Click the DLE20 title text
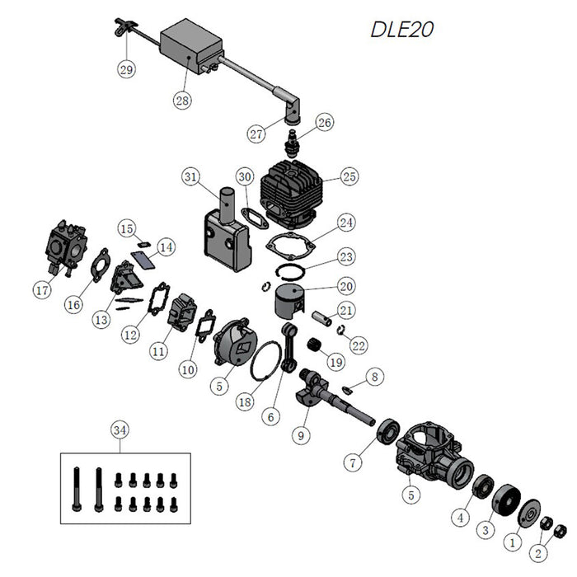click(x=402, y=30)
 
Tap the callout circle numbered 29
click(x=126, y=69)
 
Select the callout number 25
click(x=349, y=176)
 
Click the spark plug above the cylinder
click(x=293, y=144)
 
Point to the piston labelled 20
click(x=289, y=303)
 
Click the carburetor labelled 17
click(x=66, y=247)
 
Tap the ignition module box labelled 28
click(x=192, y=46)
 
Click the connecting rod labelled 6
click(x=289, y=347)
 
